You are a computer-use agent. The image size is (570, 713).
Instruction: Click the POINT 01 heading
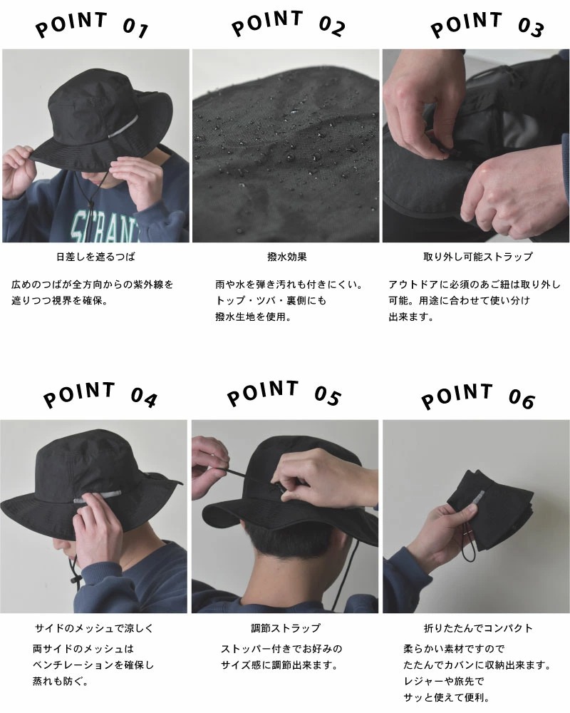pos(92,26)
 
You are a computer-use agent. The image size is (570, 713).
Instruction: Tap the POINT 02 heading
pos(288,24)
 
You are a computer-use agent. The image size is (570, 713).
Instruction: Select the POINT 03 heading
pos(487,25)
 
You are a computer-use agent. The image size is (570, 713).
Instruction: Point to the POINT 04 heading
pos(100,396)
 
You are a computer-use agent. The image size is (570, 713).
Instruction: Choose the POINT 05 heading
pos(284,394)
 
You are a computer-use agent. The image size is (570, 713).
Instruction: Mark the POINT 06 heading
pos(477,396)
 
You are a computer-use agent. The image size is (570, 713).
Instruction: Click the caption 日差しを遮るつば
pos(95,257)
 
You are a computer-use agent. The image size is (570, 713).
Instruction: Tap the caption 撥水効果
pos(287,257)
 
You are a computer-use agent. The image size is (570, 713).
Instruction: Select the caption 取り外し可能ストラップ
pos(477,257)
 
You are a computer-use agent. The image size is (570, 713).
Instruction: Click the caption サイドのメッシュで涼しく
pos(94,628)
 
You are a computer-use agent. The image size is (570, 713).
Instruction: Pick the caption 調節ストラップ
pos(286,628)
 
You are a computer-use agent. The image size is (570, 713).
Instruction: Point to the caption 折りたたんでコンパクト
pos(478,628)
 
